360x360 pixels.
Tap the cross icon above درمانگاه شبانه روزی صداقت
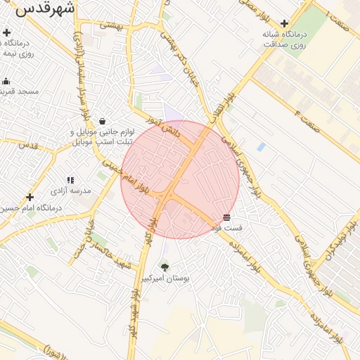[284, 23]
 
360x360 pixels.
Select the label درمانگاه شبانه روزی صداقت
[285, 39]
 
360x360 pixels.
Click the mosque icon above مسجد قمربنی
[6, 82]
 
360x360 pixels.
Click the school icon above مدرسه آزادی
[70, 181]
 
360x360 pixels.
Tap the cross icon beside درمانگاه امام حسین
[30, 198]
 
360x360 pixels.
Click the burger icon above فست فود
[226, 218]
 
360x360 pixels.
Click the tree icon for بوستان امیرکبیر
[165, 267]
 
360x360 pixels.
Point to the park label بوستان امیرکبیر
[165, 278]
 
